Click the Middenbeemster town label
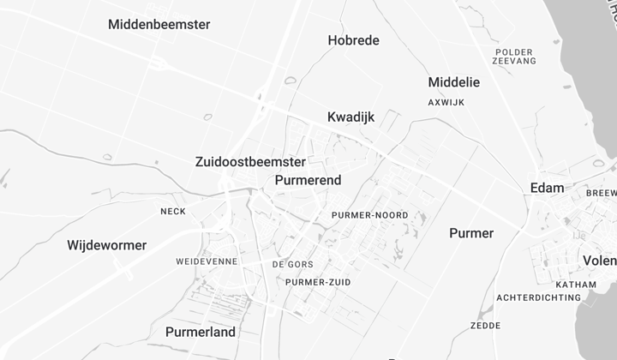pyautogui.click(x=159, y=24)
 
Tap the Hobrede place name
pyautogui.click(x=353, y=40)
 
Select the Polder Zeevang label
pyautogui.click(x=514, y=57)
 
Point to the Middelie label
pyautogui.click(x=453, y=82)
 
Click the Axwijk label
pyautogui.click(x=446, y=102)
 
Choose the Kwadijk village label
pyautogui.click(x=351, y=117)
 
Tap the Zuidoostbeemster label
pyautogui.click(x=250, y=161)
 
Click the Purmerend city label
pyautogui.click(x=308, y=180)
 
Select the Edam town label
pyautogui.click(x=547, y=188)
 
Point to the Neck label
pyautogui.click(x=173, y=211)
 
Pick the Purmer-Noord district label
pyautogui.click(x=369, y=215)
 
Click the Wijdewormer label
pyautogui.click(x=107, y=245)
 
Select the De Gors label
pyautogui.click(x=293, y=264)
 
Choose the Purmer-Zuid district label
pyautogui.click(x=318, y=282)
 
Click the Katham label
pyautogui.click(x=576, y=285)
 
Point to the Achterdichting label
pyautogui.click(x=537, y=297)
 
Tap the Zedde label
pyautogui.click(x=485, y=326)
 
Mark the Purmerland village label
pyautogui.click(x=200, y=332)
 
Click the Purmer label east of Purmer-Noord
pyautogui.click(x=471, y=233)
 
